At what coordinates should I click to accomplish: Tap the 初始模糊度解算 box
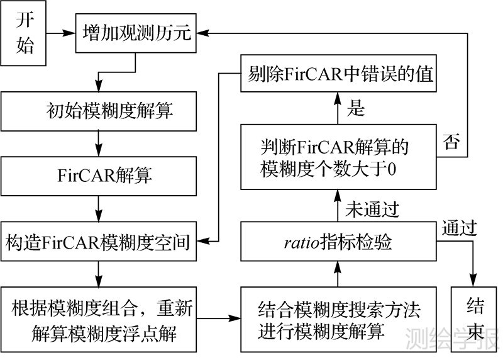pyautogui.click(x=100, y=111)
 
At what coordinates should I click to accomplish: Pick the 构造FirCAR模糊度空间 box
pyautogui.click(x=100, y=241)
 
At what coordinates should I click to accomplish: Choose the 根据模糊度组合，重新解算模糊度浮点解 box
pyautogui.click(x=100, y=320)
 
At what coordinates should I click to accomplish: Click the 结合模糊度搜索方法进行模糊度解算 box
pyautogui.click(x=339, y=320)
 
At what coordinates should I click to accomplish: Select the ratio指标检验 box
pyautogui.click(x=339, y=241)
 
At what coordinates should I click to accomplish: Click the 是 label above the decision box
pyautogui.click(x=356, y=110)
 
